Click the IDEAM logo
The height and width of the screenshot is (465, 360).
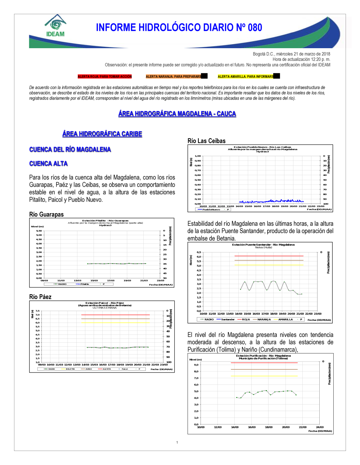(55, 26)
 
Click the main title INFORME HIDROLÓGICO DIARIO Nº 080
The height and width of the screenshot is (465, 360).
(179, 28)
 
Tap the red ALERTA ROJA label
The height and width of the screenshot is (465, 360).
(105, 77)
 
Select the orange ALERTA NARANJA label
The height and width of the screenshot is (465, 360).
(174, 77)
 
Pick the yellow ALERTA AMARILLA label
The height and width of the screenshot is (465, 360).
(246, 77)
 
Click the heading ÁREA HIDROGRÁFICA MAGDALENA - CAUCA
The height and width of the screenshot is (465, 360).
(177, 114)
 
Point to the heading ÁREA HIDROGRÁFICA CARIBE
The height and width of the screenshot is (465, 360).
(102, 134)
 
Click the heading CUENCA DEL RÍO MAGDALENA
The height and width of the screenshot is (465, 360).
(70, 150)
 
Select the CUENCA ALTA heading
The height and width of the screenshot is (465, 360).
(49, 164)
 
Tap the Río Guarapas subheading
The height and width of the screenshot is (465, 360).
(46, 214)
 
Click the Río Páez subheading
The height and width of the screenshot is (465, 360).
(40, 297)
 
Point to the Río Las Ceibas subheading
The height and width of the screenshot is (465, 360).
(207, 141)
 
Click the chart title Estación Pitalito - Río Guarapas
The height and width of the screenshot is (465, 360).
(105, 221)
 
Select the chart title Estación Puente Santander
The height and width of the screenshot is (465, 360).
(263, 245)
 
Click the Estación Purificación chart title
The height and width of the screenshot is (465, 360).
(263, 356)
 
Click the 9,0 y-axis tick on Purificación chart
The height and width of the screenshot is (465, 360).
(196, 365)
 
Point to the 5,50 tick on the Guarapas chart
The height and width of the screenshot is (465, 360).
(39, 231)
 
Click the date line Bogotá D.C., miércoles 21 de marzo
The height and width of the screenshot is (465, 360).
(291, 54)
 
